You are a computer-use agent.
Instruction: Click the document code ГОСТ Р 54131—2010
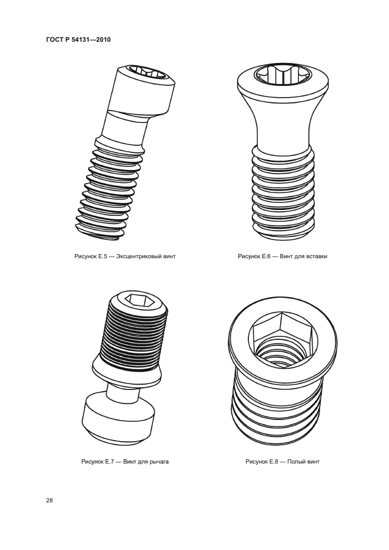pos(78,39)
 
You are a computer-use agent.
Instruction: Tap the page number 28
pos(49,501)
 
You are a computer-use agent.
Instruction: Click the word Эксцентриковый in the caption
pos(139,256)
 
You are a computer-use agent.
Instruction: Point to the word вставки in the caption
pos(317,256)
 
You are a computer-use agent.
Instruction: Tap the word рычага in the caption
pos(159,462)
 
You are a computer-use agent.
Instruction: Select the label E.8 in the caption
pos(274,462)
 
